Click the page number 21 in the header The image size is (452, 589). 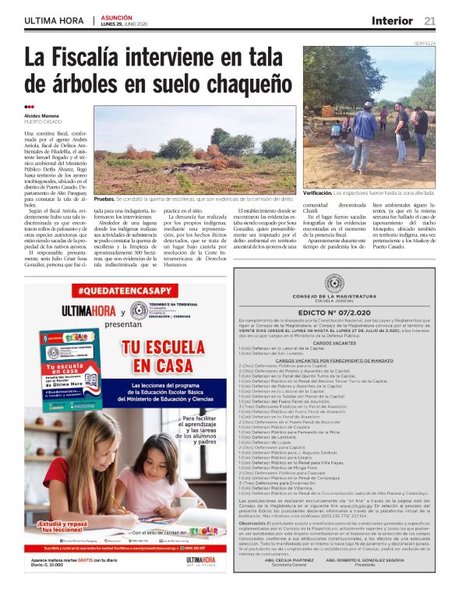click(x=429, y=21)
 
